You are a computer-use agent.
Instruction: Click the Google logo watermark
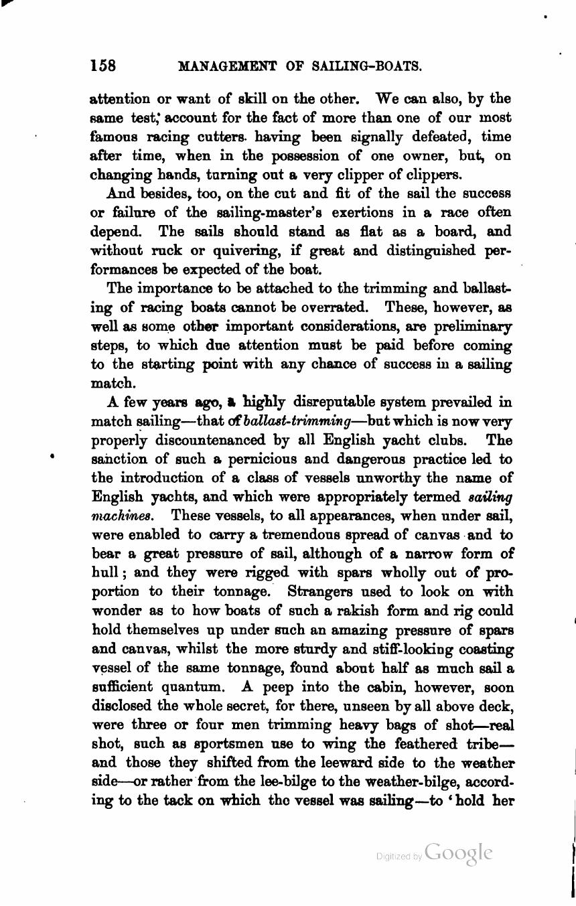(x=459, y=853)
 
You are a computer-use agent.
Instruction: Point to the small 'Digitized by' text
(x=399, y=856)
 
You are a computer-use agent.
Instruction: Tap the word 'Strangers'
(x=320, y=592)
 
